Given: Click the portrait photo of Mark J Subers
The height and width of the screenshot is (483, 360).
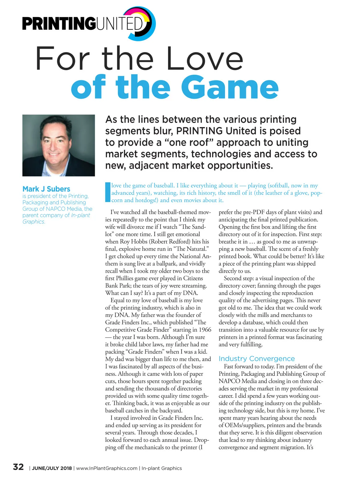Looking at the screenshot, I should pos(58,145).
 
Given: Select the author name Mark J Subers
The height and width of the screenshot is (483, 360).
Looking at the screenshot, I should pos(46,189).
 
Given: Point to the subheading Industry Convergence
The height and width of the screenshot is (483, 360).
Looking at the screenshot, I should pos(256,358).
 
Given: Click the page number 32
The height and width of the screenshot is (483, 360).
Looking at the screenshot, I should pos(18,467).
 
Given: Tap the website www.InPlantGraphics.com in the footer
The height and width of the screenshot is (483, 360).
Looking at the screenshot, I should pos(107,468).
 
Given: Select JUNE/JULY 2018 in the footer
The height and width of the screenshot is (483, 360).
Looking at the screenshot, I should pos(52,468).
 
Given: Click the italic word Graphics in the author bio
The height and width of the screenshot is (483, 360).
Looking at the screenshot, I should pos(34,222).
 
